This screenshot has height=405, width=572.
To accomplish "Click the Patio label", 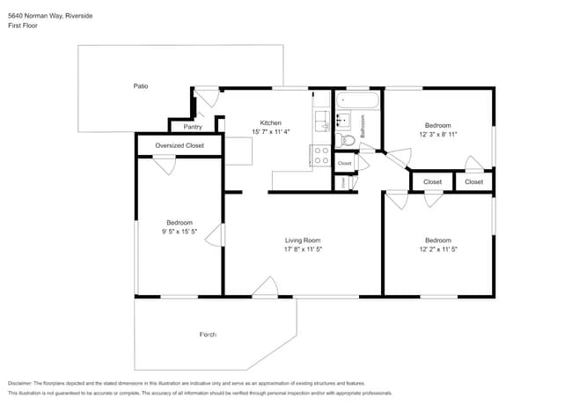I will (141, 86).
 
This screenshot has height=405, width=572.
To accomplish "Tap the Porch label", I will (208, 335).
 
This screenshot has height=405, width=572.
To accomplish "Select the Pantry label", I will (193, 127).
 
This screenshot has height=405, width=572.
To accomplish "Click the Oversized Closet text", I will (180, 145).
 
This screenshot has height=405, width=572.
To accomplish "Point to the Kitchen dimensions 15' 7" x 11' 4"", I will (270, 131).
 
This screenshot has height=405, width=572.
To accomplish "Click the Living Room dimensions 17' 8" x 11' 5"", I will (302, 249).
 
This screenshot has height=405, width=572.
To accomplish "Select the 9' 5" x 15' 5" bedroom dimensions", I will (180, 232).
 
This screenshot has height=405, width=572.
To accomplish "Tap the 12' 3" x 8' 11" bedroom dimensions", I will (437, 135).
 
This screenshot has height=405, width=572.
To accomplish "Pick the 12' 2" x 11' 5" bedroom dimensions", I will (437, 249).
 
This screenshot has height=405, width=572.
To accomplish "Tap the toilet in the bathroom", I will (347, 139).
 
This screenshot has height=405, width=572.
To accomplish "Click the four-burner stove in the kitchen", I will (321, 156).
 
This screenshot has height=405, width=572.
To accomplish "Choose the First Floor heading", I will (22, 26).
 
